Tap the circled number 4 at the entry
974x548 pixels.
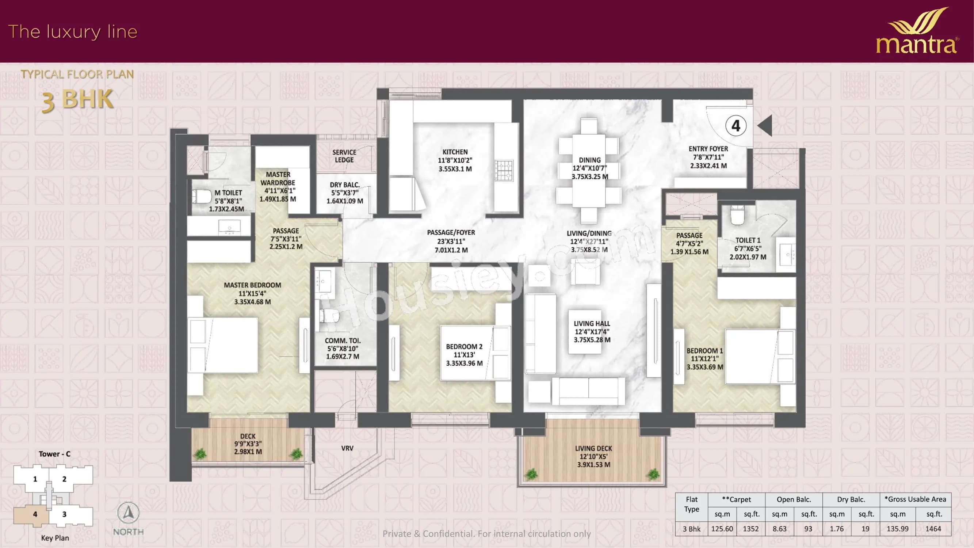736,126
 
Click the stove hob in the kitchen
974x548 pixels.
504,170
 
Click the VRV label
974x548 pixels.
347,448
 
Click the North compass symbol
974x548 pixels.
128,513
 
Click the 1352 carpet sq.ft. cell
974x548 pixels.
750,529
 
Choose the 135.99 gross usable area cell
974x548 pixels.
897,529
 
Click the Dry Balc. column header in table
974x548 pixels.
851,499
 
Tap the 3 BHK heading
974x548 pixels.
77,100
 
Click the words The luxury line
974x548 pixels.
73,31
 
